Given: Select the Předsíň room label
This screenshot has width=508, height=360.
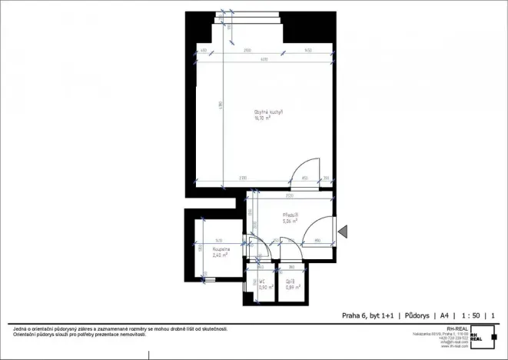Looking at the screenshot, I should tap(290, 215).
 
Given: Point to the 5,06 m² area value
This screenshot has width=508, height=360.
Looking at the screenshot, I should tap(290, 222).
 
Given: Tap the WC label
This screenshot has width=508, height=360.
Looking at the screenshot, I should tap(262, 282).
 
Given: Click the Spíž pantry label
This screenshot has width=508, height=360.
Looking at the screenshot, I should tap(289, 282).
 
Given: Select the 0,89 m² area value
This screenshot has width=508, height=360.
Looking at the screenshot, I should tap(290, 287).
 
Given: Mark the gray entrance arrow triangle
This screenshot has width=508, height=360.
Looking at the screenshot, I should tap(344, 229).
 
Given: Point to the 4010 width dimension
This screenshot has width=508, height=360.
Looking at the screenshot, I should tap(264, 59).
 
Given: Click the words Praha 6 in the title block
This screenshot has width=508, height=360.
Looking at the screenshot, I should tap(354, 315).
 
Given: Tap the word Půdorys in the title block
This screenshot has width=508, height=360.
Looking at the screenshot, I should tap(416, 315).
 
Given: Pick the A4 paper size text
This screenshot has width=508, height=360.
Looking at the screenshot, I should tap(444, 315).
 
